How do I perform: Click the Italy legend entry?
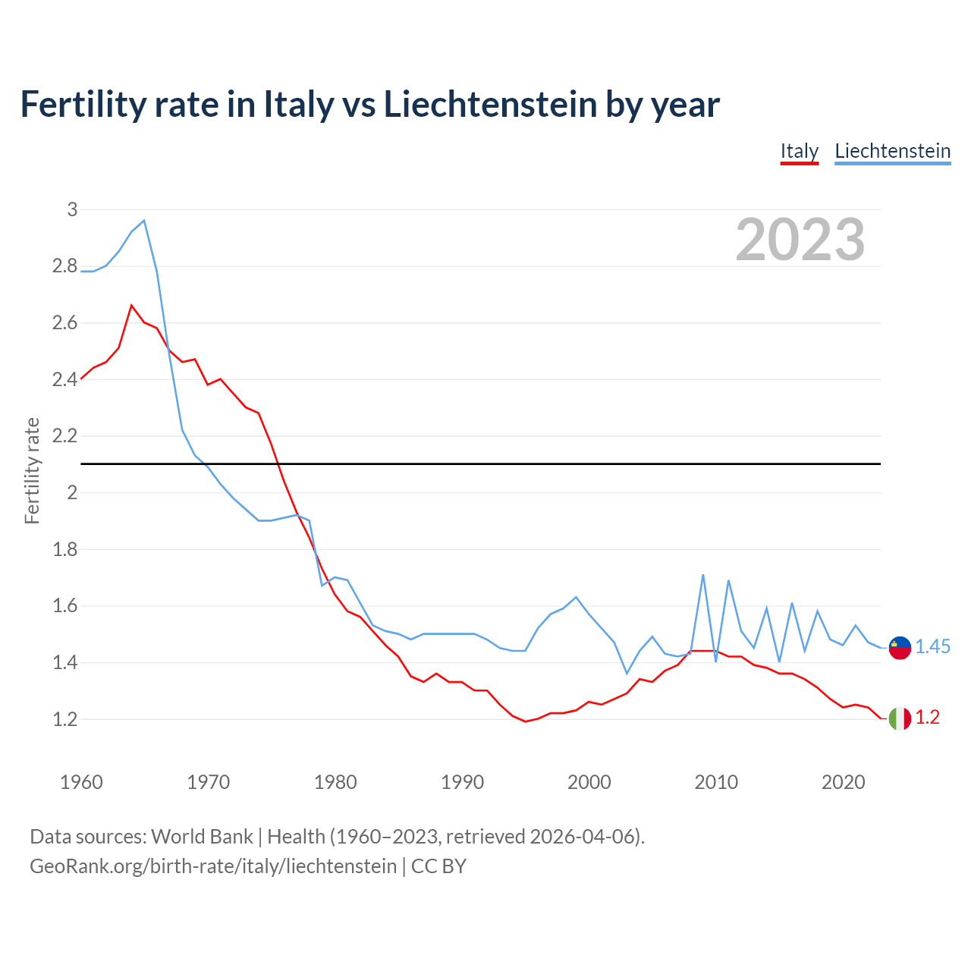(x=800, y=151)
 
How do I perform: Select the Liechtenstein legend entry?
(x=892, y=151)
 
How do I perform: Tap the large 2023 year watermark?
(x=800, y=240)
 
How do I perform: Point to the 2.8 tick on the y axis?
(x=64, y=266)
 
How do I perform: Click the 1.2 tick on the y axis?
(x=64, y=719)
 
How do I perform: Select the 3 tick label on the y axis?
(x=72, y=209)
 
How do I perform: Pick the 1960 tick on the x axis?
(x=81, y=782)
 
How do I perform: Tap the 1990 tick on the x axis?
(x=462, y=782)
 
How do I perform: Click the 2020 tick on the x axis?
(x=843, y=782)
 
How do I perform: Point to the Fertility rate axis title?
(x=32, y=470)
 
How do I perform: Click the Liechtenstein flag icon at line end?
(x=900, y=648)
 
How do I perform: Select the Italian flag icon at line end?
(x=900, y=718)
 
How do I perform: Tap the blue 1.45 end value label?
(x=932, y=646)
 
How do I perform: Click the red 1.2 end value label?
(x=927, y=718)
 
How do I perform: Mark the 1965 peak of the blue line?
(x=144, y=221)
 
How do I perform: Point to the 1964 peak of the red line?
(x=132, y=305)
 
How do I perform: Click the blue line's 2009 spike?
(x=703, y=575)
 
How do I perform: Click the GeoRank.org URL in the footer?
(x=213, y=866)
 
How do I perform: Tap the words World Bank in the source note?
(x=202, y=837)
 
